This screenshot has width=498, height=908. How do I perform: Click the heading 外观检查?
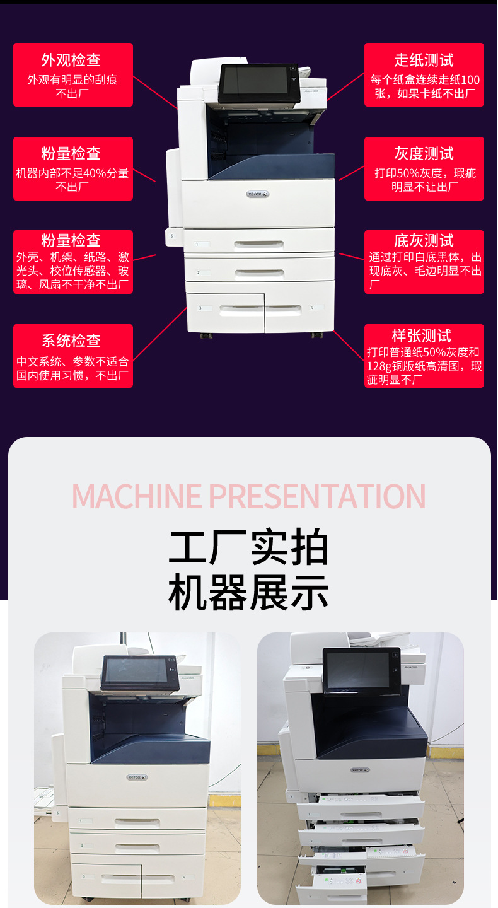(71, 60)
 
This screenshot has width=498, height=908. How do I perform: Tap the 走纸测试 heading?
(424, 60)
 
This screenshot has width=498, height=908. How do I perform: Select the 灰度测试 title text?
(424, 153)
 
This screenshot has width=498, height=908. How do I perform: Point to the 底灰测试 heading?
(424, 240)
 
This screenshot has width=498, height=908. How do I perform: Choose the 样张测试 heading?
(424, 335)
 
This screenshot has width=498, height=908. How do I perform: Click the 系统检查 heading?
(71, 341)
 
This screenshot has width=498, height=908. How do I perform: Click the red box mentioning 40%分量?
(73, 169)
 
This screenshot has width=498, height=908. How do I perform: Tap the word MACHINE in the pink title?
(137, 496)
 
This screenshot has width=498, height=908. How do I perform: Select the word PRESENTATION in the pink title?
(317, 496)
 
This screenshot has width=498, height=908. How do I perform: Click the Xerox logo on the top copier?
(258, 194)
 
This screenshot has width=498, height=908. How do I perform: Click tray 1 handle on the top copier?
(258, 244)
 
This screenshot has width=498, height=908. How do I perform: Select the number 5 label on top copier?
(172, 236)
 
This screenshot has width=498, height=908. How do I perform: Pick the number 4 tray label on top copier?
(312, 308)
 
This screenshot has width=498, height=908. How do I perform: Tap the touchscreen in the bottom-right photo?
(358, 670)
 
